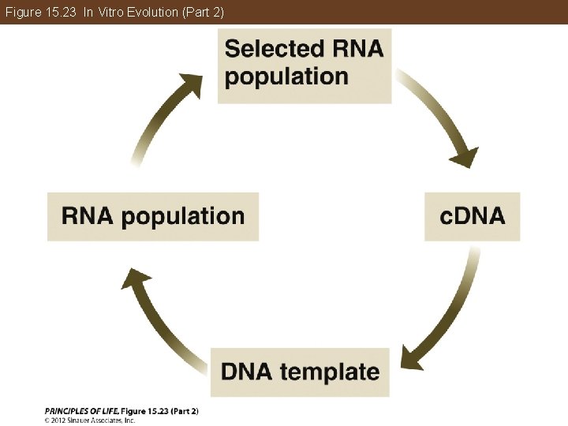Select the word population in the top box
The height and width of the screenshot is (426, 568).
coord(286,77)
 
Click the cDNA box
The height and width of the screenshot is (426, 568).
coord(472,216)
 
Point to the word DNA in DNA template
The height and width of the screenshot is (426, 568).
coord(250,372)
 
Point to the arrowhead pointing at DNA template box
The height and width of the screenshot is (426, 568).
coord(413,357)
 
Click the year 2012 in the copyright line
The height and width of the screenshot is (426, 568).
coord(62,420)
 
